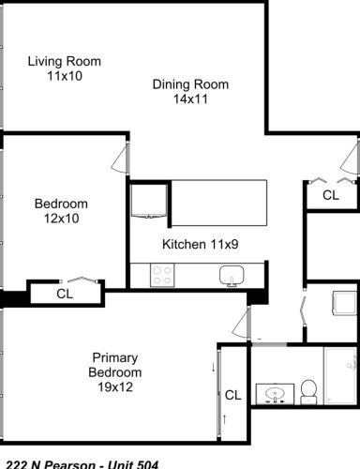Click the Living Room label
tap(64, 62)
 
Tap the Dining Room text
tap(190, 84)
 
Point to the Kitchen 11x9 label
tap(200, 245)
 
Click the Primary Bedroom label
tap(116, 365)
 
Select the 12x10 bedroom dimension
tap(61, 219)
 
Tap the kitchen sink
tap(232, 276)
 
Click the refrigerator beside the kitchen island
tap(147, 201)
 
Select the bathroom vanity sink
tap(275, 392)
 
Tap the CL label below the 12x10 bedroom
tap(65, 294)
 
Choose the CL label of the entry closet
tap(330, 195)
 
